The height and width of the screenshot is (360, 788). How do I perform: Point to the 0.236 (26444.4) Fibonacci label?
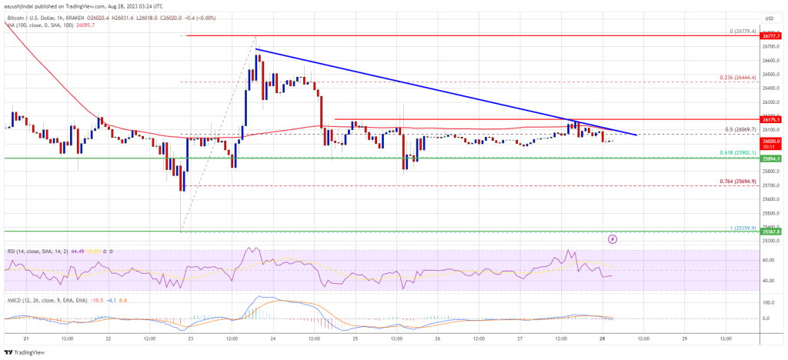click(737, 78)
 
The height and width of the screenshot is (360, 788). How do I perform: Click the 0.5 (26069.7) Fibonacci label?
click(738, 130)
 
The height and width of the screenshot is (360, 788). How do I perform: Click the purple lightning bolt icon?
click(613, 239)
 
